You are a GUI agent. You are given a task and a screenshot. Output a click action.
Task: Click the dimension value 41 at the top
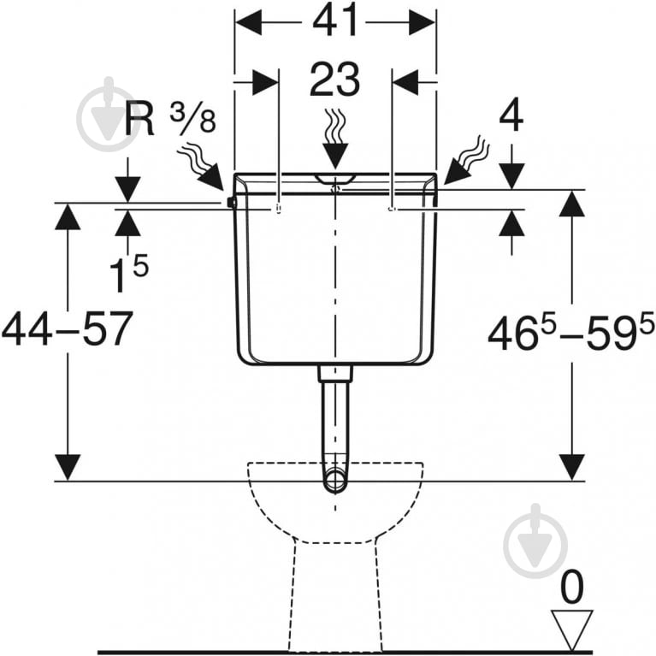(335, 20)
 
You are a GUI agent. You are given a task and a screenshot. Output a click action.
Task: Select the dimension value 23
(334, 80)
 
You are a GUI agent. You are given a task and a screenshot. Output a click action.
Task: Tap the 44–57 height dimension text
(68, 329)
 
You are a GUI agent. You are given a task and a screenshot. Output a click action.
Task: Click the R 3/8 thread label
(170, 118)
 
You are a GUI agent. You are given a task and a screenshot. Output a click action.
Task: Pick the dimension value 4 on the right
(511, 115)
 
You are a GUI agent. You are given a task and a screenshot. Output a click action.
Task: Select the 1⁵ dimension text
(128, 274)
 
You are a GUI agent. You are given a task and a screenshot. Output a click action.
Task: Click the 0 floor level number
(571, 588)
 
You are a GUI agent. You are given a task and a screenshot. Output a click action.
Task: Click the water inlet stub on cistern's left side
(231, 203)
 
